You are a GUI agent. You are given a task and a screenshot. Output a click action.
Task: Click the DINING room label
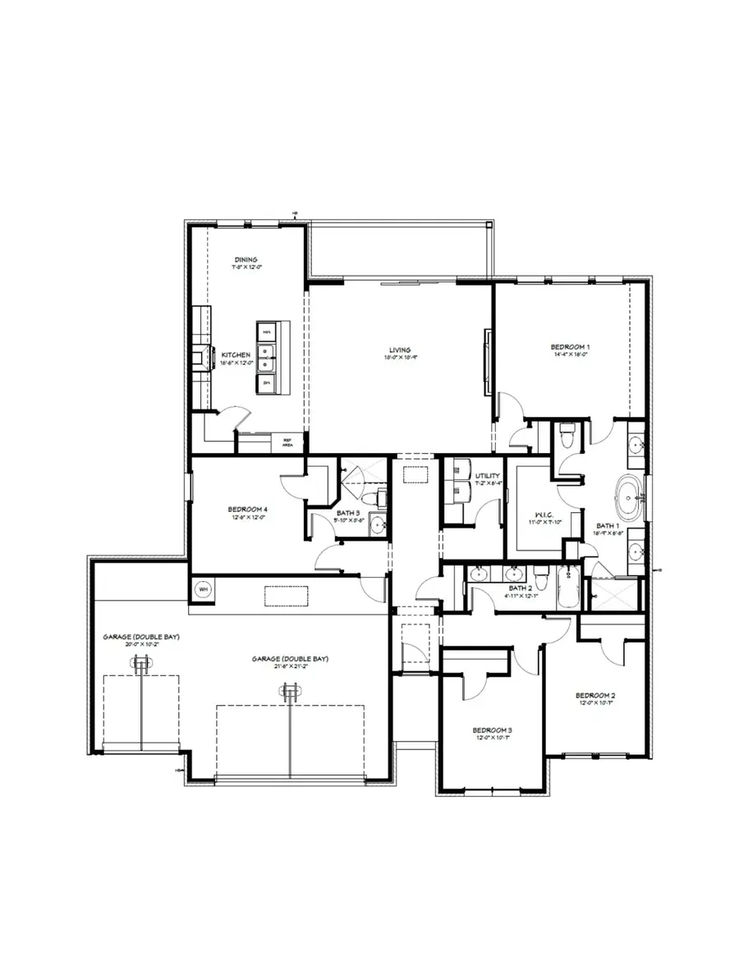click(x=246, y=260)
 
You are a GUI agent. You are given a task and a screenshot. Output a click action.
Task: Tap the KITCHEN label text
click(x=235, y=355)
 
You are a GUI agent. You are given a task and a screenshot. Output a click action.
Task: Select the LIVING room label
click(x=399, y=350)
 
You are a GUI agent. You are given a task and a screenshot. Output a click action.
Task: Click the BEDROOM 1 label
click(x=570, y=347)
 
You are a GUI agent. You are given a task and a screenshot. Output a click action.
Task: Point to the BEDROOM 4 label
click(x=248, y=510)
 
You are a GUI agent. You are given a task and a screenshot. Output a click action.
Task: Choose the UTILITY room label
click(x=488, y=476)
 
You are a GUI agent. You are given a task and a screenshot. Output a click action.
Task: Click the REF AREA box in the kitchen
click(x=288, y=441)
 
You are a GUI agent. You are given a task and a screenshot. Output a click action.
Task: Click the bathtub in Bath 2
click(x=568, y=588)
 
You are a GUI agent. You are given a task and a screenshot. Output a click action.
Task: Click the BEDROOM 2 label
click(x=596, y=696)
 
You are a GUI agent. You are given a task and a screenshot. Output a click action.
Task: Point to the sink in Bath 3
click(x=377, y=526)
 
